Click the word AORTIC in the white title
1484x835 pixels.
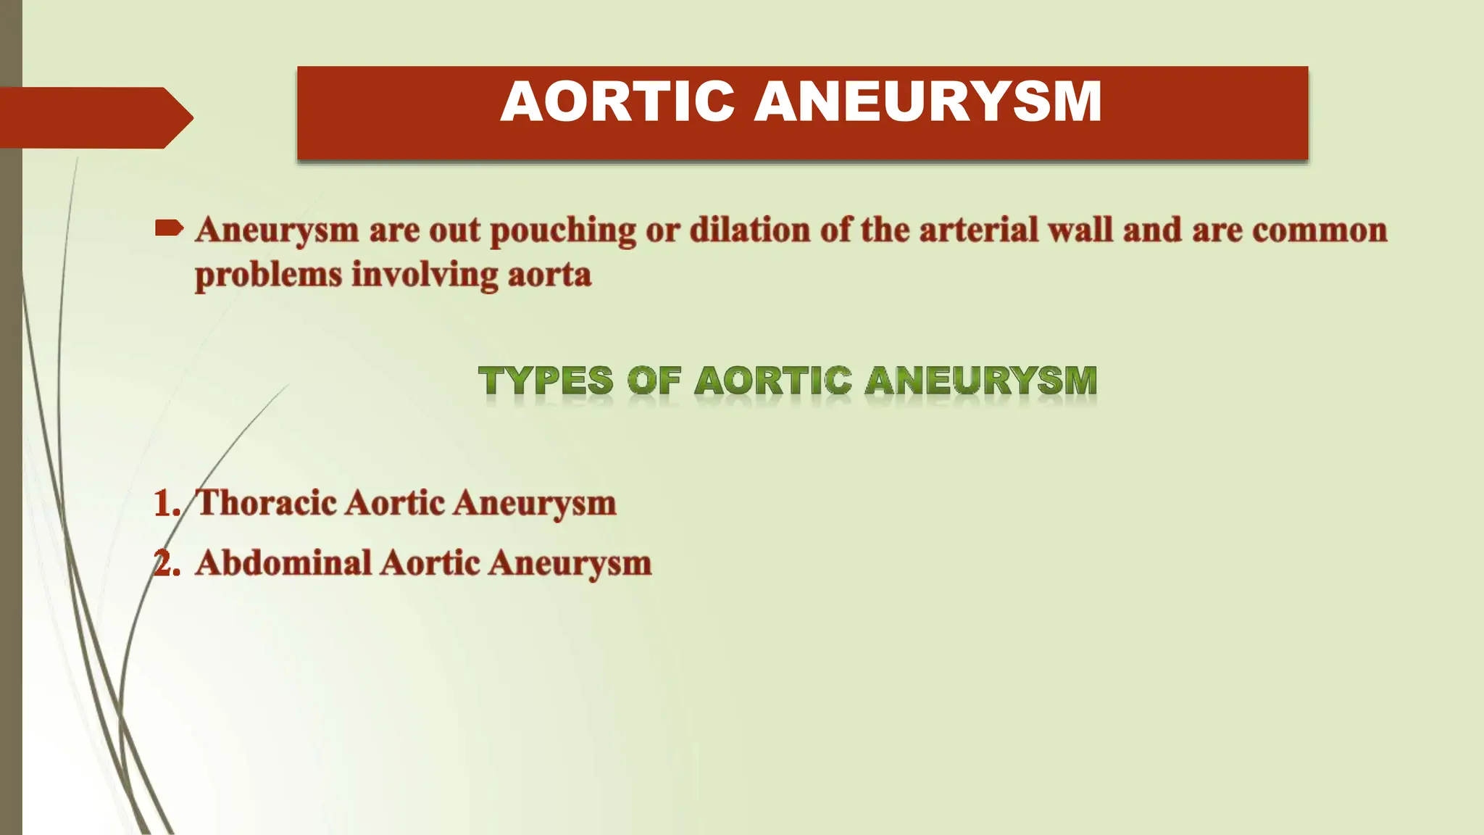click(617, 101)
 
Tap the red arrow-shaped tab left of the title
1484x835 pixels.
click(94, 117)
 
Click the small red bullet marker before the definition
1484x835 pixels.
click(169, 230)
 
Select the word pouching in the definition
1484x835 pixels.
click(563, 231)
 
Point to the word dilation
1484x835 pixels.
click(749, 230)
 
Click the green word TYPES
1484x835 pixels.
click(545, 381)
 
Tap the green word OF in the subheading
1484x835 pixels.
click(654, 381)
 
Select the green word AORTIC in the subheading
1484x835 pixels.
click(772, 381)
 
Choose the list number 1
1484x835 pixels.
click(166, 504)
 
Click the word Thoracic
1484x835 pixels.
click(266, 502)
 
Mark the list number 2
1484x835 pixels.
click(166, 563)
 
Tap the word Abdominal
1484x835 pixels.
click(283, 563)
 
